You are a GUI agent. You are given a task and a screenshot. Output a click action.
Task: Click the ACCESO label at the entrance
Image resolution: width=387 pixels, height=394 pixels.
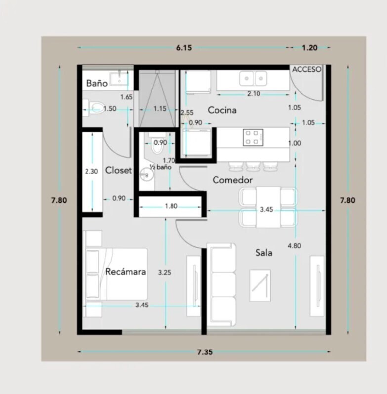pyautogui.click(x=306, y=69)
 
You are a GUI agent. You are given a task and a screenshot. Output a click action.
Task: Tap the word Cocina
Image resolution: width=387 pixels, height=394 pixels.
pyautogui.click(x=222, y=110)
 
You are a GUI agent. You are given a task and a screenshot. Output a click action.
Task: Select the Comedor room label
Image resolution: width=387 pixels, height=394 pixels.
pyautogui.click(x=232, y=180)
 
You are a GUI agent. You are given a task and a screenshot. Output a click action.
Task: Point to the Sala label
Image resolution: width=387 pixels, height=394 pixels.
pyautogui.click(x=264, y=253)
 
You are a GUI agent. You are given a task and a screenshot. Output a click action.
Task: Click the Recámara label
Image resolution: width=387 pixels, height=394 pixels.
pyautogui.click(x=126, y=271)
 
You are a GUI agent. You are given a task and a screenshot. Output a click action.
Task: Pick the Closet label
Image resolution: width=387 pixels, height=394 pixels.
pyautogui.click(x=118, y=170)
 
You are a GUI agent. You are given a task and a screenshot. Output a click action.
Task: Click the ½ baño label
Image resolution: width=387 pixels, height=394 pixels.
pyautogui.click(x=160, y=167)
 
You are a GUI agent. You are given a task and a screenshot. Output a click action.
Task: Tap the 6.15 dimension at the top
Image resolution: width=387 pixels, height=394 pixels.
pyautogui.click(x=184, y=48)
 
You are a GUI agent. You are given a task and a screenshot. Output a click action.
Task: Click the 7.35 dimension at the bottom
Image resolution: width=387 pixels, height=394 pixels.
pyautogui.click(x=205, y=352)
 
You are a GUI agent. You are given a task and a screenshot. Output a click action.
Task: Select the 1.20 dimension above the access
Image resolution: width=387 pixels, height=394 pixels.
pyautogui.click(x=309, y=48)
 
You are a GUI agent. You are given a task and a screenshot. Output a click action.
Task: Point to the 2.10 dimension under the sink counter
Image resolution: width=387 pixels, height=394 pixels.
pyautogui.click(x=254, y=94)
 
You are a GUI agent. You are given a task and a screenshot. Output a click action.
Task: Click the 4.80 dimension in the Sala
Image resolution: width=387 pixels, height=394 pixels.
pyautogui.click(x=294, y=246)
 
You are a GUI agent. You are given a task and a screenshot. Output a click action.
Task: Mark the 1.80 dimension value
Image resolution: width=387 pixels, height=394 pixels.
pyautogui.click(x=171, y=206)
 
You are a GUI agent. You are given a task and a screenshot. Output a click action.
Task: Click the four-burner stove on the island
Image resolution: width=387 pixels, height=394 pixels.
pyautogui.click(x=253, y=137)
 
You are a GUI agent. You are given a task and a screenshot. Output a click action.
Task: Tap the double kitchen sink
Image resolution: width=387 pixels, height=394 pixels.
pyautogui.click(x=253, y=79)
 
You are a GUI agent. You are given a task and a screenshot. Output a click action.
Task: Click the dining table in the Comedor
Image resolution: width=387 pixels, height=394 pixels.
pyautogui.click(x=268, y=207)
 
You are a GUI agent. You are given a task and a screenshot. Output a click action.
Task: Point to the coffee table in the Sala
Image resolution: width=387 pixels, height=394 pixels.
pyautogui.click(x=260, y=285)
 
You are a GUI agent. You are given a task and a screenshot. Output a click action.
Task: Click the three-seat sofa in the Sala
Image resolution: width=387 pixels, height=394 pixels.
pyautogui.click(x=221, y=284)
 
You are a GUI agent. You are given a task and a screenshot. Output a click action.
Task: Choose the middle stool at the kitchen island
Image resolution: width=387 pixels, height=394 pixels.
pyautogui.click(x=253, y=166)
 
